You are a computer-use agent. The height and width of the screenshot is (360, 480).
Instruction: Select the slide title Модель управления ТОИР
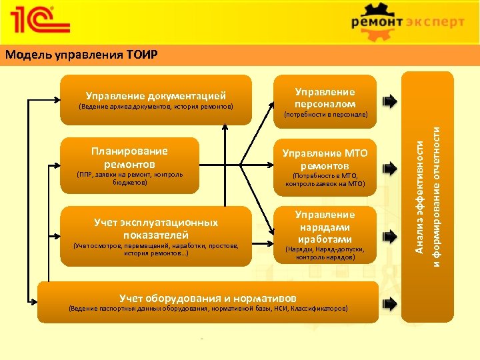(81, 54)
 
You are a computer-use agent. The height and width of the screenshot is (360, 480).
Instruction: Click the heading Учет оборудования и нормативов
(207, 298)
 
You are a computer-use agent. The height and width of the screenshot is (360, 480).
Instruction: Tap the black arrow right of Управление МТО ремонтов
(389, 167)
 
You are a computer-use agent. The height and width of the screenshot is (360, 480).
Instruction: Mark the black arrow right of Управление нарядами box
(389, 234)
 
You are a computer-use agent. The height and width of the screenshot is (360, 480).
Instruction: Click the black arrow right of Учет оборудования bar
(389, 303)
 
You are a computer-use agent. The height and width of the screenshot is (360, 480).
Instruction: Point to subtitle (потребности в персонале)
(325, 115)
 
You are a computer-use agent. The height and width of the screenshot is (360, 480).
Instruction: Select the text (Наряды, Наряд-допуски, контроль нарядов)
(325, 253)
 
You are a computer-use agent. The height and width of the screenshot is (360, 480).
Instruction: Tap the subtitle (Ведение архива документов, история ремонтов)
(155, 106)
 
